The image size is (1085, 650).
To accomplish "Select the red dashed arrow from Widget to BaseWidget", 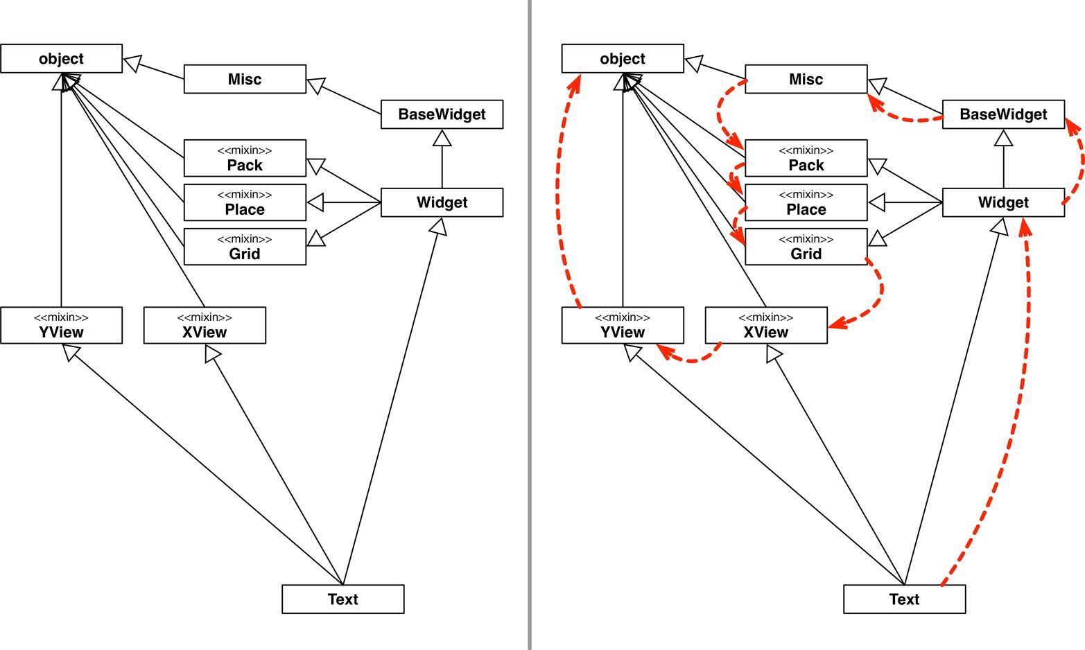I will (1081, 163).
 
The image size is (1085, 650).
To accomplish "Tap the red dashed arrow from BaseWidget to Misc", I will (908, 118).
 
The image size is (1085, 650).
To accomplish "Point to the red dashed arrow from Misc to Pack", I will (721, 111).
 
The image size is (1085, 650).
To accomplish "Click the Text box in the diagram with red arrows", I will (904, 599).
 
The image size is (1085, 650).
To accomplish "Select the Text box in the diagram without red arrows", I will (342, 599).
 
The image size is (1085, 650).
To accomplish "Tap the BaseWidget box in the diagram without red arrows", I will (442, 114).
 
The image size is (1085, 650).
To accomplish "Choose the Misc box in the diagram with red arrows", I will (806, 79).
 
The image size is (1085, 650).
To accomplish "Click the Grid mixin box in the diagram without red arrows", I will (245, 247).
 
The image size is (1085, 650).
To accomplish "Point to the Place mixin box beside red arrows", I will (806, 202).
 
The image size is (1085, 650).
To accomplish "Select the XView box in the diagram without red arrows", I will (205, 325).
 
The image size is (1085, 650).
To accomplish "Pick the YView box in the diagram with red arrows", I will (622, 325).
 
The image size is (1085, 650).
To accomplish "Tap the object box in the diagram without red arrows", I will (61, 59).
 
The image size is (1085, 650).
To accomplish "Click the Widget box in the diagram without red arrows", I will (442, 202).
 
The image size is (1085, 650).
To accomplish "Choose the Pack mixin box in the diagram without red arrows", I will (245, 158).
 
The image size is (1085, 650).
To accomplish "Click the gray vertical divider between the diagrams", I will (530, 325).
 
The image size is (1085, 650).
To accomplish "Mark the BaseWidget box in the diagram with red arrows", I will (1003, 114).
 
